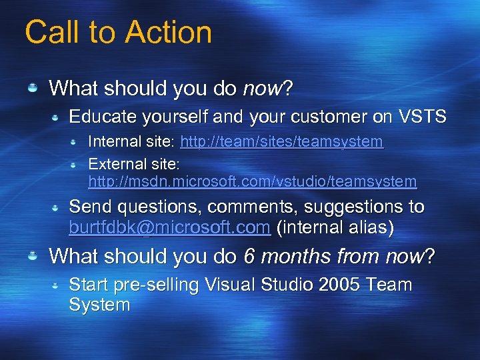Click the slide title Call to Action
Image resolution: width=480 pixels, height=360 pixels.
point(118,32)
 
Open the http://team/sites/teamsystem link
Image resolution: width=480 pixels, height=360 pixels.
point(281,142)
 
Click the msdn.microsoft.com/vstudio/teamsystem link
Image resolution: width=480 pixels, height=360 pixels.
point(252,181)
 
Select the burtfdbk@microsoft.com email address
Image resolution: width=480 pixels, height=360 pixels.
point(169,227)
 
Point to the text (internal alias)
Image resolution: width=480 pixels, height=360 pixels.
point(335,227)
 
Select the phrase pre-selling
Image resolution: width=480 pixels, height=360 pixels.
point(157,285)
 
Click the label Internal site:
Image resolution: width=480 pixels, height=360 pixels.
point(131,142)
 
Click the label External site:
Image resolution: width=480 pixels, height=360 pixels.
point(134,163)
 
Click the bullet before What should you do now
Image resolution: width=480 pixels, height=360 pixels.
point(32,88)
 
